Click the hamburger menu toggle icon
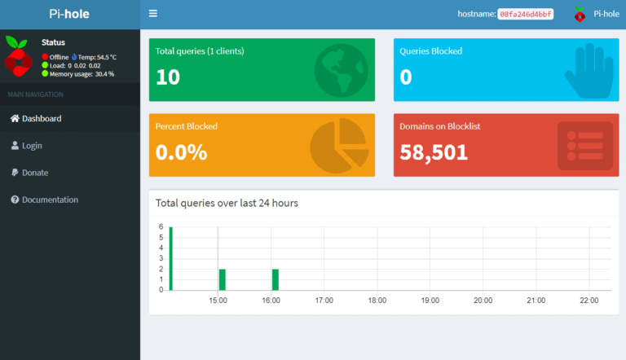pyautogui.click(x=153, y=14)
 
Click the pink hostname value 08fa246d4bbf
pyautogui.click(x=525, y=14)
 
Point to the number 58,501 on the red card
pyautogui.click(x=434, y=151)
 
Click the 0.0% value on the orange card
pyautogui.click(x=181, y=151)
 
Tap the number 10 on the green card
pyautogui.click(x=168, y=77)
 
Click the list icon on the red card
pyautogui.click(x=584, y=146)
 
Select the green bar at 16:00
pyautogui.click(x=276, y=279)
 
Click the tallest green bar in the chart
pyautogui.click(x=171, y=258)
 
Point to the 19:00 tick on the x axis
pyautogui.click(x=430, y=301)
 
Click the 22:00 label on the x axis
pyautogui.click(x=589, y=301)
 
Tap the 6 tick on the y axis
pyautogui.click(x=161, y=227)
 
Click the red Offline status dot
pyautogui.click(x=46, y=57)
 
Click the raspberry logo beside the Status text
pyautogui.click(x=18, y=56)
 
